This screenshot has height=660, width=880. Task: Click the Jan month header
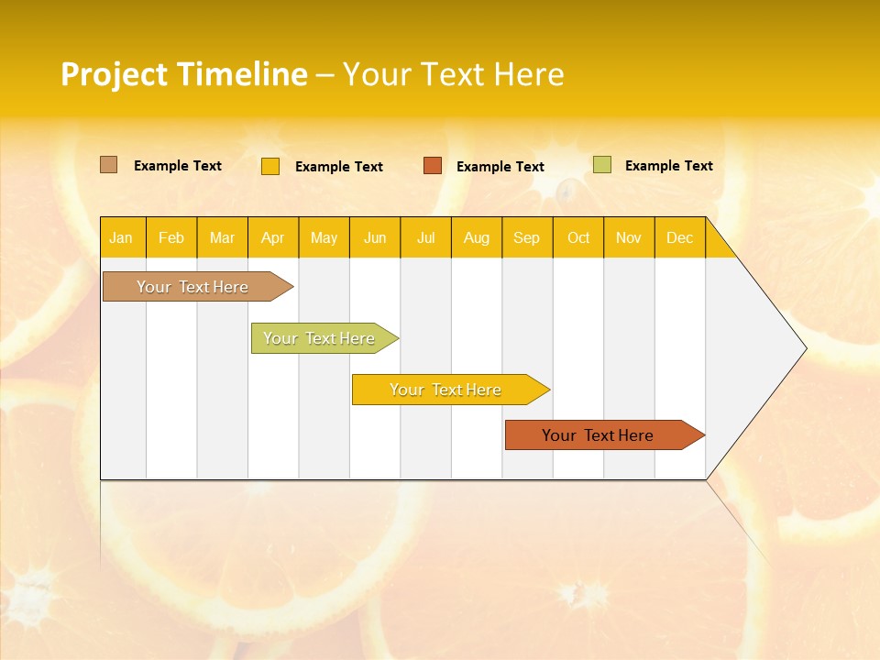[x=122, y=237]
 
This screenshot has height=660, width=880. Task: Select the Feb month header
[x=171, y=237]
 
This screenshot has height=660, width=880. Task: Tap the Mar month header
[x=222, y=237]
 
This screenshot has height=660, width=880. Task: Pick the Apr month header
[x=273, y=237]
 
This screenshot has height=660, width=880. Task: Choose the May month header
[x=324, y=237]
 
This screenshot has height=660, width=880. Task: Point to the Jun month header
[x=375, y=237]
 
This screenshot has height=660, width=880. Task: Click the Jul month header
[x=425, y=237]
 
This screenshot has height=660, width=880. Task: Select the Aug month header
[x=477, y=237]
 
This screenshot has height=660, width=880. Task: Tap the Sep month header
[x=527, y=237]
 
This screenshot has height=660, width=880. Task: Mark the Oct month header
[x=578, y=237]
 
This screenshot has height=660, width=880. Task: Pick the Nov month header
[x=629, y=237]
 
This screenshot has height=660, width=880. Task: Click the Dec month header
[x=680, y=237]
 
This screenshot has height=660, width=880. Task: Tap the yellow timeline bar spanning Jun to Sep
[x=446, y=390]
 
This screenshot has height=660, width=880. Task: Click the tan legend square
[x=108, y=165]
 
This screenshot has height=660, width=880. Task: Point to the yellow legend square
[x=270, y=166]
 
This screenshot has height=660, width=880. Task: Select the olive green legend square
[x=601, y=165]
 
